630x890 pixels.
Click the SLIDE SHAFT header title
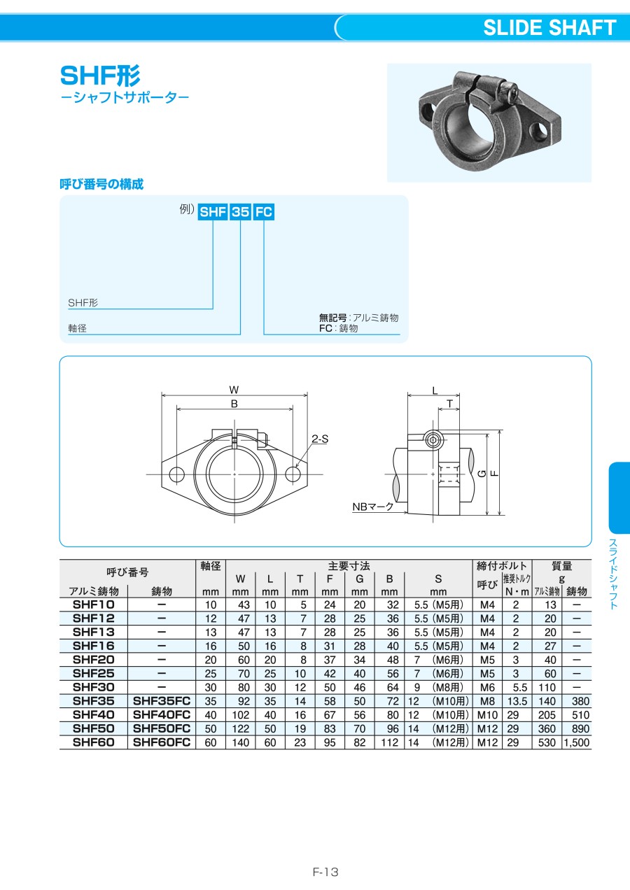click(x=549, y=28)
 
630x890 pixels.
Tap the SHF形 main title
click(x=100, y=76)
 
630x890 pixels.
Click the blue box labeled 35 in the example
click(x=241, y=212)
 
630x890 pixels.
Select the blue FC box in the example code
click(x=263, y=212)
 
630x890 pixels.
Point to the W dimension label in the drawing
click(x=234, y=389)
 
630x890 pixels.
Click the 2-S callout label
click(x=320, y=439)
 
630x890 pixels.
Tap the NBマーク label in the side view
click(x=373, y=507)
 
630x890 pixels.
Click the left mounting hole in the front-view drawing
click(x=176, y=474)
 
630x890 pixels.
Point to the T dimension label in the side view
click(x=449, y=404)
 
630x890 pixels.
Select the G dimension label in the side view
click(x=482, y=473)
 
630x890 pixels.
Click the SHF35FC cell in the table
click(x=162, y=701)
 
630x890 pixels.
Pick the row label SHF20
click(x=93, y=660)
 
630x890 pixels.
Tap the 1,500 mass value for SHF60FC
click(x=577, y=742)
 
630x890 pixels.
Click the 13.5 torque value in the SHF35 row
click(x=517, y=701)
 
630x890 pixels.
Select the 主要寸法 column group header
click(x=349, y=565)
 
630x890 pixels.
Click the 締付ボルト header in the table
click(x=502, y=565)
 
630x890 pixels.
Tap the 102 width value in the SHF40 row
click(x=241, y=715)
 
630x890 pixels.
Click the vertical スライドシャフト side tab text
click(x=613, y=574)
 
